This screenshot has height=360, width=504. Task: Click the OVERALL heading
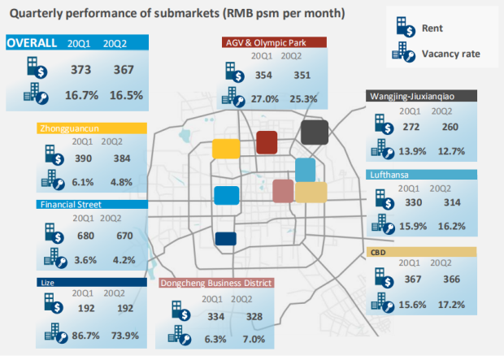[x=32, y=43]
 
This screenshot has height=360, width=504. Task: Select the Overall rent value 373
[x=81, y=70]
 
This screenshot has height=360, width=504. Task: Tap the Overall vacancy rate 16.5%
[x=126, y=95]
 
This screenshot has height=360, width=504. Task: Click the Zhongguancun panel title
[x=69, y=128]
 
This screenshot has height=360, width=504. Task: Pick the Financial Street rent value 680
[x=85, y=236]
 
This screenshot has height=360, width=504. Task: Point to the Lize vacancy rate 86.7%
[x=85, y=336]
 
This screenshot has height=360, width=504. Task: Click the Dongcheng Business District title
[x=216, y=283]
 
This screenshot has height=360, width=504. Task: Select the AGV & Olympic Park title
[x=266, y=43]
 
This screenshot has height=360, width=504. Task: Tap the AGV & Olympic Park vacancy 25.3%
[x=303, y=98]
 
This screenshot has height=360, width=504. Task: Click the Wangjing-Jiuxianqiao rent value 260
[x=450, y=127]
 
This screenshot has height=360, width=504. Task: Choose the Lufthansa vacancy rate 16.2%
[x=452, y=226]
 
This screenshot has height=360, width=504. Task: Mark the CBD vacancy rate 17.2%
[x=452, y=305]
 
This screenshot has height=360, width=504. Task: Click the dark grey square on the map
[x=315, y=132]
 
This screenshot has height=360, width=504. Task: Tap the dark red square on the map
[x=267, y=142]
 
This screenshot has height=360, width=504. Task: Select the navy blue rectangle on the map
[x=226, y=239]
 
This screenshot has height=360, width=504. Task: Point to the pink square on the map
[x=283, y=191]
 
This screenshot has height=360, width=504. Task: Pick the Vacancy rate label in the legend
[x=451, y=54]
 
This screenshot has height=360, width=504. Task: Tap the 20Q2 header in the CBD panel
[x=441, y=262]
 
